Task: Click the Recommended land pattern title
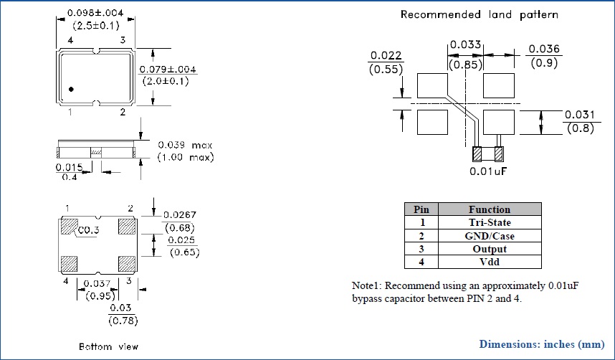pos(479,14)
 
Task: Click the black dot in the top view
pos(72,89)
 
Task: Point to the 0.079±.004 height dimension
pos(167,70)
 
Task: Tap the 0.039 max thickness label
pos(185,145)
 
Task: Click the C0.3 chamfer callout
pos(89,230)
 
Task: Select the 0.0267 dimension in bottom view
pos(180,214)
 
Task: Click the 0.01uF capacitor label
pos(490,171)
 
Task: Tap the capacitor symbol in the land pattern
pos(488,153)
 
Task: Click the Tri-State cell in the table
pos(490,222)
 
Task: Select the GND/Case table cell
pos(490,235)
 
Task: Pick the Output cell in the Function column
pos(490,249)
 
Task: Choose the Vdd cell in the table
pos(490,262)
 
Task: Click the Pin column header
pos(421,209)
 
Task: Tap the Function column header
pos(490,209)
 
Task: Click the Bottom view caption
pos(105,346)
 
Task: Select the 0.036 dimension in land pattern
pos(544,49)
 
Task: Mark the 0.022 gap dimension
pos(385,57)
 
